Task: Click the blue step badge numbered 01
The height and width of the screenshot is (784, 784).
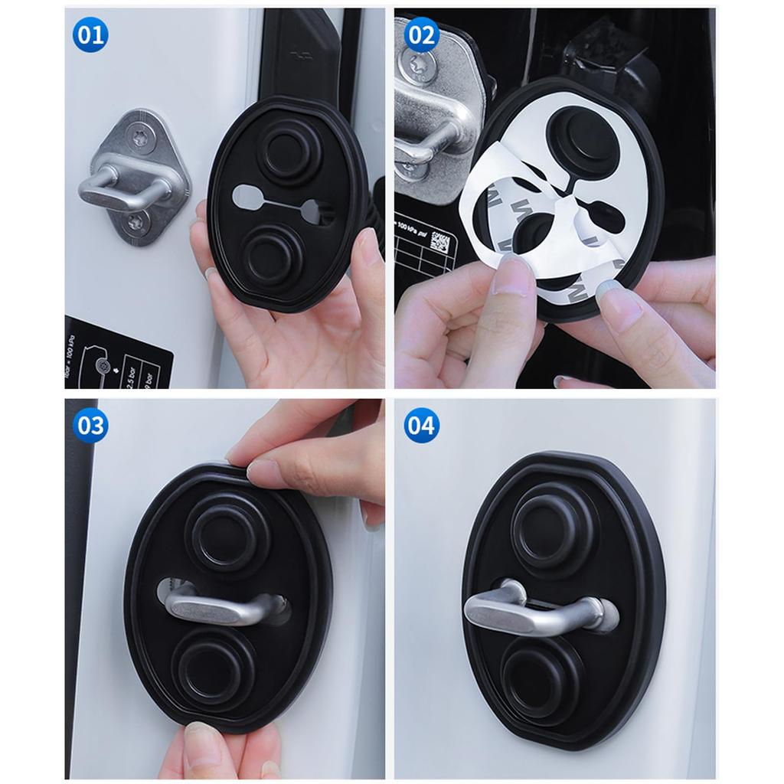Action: [x=90, y=35]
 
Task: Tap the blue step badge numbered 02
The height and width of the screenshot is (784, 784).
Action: [x=421, y=35]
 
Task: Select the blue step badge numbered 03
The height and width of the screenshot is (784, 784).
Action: [x=90, y=425]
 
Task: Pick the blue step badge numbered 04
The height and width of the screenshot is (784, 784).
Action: [x=421, y=425]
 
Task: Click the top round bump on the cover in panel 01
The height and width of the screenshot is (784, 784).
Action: [x=284, y=147]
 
